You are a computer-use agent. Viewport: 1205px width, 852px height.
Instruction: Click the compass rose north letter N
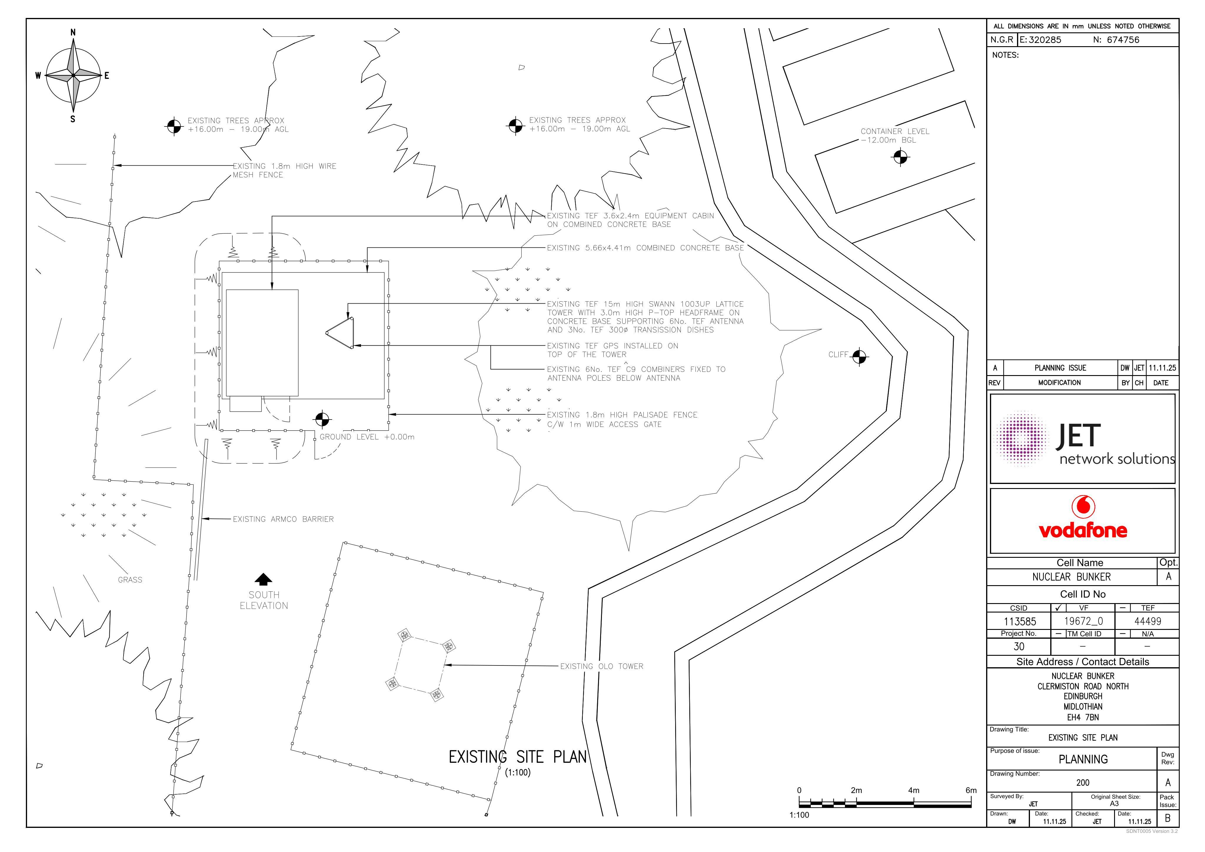point(73,33)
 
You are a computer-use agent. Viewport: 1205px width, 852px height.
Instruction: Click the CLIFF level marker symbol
point(859,357)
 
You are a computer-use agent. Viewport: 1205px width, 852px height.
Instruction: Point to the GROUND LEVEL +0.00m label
point(367,437)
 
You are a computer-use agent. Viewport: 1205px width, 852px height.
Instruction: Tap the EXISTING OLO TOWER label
point(601,666)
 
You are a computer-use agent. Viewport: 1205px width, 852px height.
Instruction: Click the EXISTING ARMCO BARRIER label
point(283,519)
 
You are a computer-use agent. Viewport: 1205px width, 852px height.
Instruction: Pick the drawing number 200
point(1083,783)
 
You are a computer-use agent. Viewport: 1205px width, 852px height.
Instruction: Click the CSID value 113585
point(1020,622)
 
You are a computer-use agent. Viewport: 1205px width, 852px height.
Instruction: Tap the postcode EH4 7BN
point(1083,717)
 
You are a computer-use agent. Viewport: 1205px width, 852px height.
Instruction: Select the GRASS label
point(130,580)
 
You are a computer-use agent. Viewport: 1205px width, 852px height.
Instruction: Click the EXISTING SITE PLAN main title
point(517,757)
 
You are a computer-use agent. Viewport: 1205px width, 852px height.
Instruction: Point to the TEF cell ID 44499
point(1148,622)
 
